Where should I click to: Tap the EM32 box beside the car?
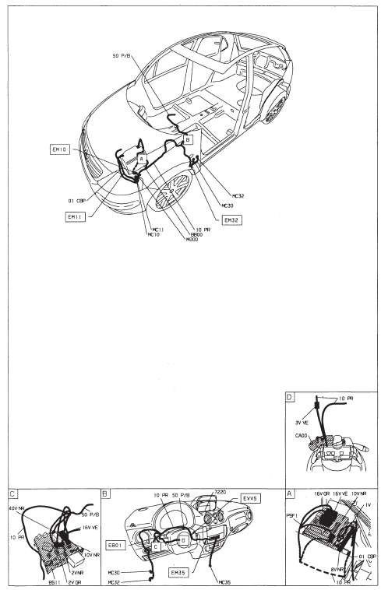tap(231, 220)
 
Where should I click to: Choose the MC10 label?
tap(153, 234)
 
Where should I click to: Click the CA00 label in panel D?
tap(301, 435)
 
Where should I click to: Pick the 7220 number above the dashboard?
tap(219, 493)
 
